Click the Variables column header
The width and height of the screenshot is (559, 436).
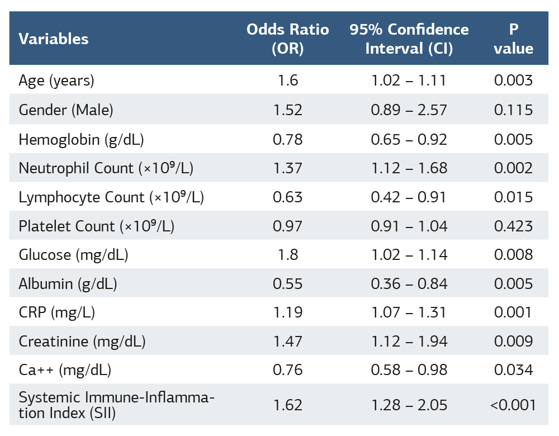coord(54,39)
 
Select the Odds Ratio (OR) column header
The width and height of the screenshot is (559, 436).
coord(287,39)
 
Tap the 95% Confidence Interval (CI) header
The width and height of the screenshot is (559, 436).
coord(409,39)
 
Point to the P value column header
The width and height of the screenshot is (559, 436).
coord(513,39)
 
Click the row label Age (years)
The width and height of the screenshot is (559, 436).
coord(56,80)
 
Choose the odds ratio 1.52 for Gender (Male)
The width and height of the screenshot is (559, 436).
coord(287,110)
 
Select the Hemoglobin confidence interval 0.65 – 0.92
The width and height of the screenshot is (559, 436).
coord(409,139)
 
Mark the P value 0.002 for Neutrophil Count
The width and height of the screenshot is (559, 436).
coord(513,168)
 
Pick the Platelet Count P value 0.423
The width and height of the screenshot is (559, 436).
coord(513,226)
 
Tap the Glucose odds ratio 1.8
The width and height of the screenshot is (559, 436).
coord(287,255)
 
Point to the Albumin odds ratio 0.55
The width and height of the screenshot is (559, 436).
coord(287,285)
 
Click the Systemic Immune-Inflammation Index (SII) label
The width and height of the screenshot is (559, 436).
coord(116,405)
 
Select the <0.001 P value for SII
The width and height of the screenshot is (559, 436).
coord(513,405)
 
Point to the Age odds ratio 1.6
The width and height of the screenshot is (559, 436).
coord(287,80)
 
